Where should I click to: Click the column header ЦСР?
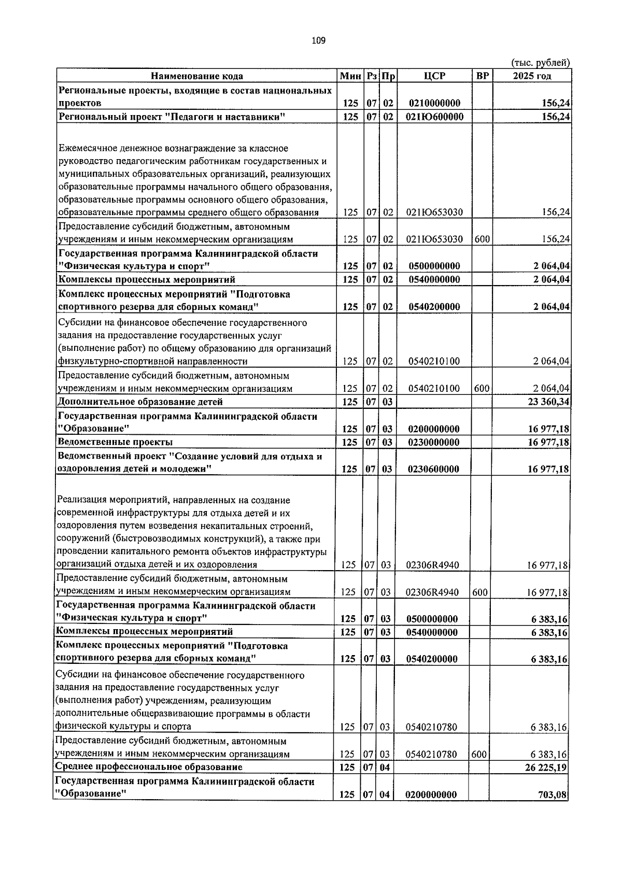click(434, 76)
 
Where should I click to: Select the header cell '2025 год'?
click(532, 76)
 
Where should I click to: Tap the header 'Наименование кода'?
click(197, 76)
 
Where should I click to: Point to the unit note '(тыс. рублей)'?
click(541, 63)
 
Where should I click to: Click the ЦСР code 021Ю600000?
click(434, 117)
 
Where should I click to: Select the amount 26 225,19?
click(546, 768)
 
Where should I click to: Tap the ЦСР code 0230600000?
click(433, 470)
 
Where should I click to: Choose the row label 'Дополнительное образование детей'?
click(140, 402)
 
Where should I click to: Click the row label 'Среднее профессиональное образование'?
click(149, 767)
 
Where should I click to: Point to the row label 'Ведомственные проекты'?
click(115, 442)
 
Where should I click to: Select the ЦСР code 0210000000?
click(434, 104)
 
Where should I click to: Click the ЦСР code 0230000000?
click(433, 443)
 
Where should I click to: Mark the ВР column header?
click(482, 76)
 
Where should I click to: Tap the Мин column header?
click(350, 76)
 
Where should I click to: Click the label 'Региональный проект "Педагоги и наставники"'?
click(172, 117)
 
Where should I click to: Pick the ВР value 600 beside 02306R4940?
click(480, 592)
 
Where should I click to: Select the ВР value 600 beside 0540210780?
click(479, 755)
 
